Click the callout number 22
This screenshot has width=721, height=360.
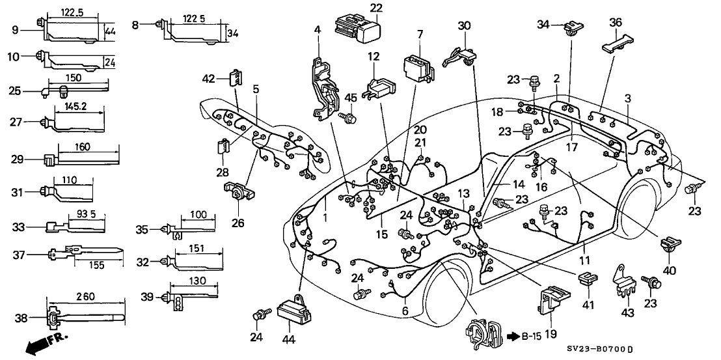[x=359, y=8]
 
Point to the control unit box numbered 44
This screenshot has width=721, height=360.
[x=292, y=307]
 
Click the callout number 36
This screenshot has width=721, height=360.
[x=615, y=23]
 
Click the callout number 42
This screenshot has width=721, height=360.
[x=208, y=79]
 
